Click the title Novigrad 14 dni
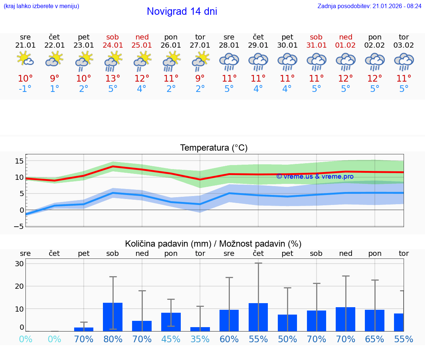click(x=182, y=11)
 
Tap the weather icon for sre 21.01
click(x=25, y=59)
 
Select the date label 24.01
click(x=113, y=45)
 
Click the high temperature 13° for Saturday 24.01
click(x=113, y=78)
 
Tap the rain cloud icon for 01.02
click(x=346, y=61)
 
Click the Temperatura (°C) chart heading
click(x=214, y=148)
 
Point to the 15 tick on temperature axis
click(x=20, y=161)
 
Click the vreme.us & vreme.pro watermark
click(x=315, y=176)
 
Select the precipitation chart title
click(x=213, y=244)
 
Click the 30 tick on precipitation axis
click(x=20, y=264)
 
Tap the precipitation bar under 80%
click(x=113, y=317)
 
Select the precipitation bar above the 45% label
click(x=171, y=322)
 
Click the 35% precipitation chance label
click(x=200, y=339)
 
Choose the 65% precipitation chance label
click(x=375, y=339)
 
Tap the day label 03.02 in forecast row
click(x=404, y=45)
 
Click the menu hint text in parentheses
click(x=41, y=6)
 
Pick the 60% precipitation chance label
click(x=229, y=339)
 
